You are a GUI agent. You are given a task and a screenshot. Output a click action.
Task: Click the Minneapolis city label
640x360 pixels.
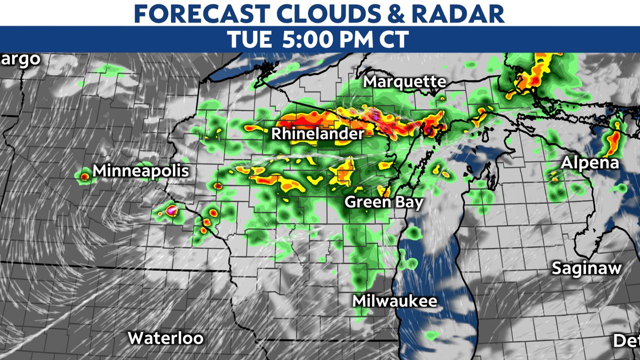tap(141, 170)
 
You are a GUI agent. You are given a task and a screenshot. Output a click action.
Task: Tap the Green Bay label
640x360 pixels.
tap(384, 202)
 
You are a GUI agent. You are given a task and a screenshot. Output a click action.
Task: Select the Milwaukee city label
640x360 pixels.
tap(394, 301)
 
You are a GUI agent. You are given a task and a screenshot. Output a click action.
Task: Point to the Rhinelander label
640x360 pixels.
tap(318, 134)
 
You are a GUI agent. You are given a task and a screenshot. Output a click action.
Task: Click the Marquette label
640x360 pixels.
tap(404, 81)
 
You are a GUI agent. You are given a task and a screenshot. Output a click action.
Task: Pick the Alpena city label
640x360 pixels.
tap(590, 163)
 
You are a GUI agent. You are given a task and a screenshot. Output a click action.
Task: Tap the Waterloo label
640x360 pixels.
tap(165, 338)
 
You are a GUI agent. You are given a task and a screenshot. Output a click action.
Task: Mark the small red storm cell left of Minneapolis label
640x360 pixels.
tap(84, 176)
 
